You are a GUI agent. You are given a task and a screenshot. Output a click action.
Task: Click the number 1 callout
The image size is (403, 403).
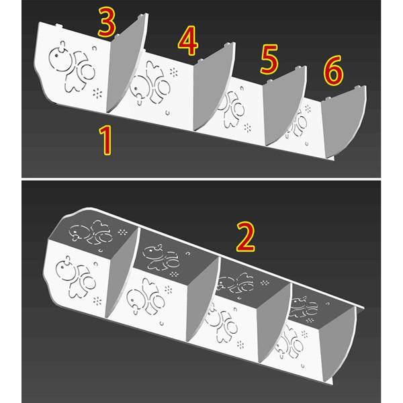pyautogui.click(x=105, y=140)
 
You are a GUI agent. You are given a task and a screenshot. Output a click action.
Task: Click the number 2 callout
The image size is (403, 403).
pyautogui.click(x=246, y=236)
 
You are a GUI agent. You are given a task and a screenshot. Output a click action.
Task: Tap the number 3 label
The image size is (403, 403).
pyautogui.click(x=106, y=22)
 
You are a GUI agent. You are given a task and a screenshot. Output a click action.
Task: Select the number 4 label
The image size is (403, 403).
pyautogui.click(x=188, y=40)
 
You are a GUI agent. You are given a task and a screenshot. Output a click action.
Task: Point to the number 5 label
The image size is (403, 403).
pyautogui.click(x=269, y=59)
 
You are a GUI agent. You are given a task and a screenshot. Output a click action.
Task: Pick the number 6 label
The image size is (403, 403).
pyautogui.click(x=333, y=71)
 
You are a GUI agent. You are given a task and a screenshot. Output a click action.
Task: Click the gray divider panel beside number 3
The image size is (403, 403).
pyautogui.click(x=126, y=64)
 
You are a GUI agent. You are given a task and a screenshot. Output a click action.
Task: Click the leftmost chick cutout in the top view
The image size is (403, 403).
pyautogui.click(x=71, y=66)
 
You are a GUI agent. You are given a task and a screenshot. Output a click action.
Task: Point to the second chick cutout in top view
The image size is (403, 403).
pyautogui.click(x=150, y=83)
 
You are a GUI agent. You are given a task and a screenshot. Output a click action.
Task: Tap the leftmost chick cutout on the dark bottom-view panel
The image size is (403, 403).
pyautogui.click(x=91, y=232)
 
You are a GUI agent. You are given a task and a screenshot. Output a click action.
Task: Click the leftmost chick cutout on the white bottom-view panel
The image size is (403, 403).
pyautogui.click(x=75, y=277)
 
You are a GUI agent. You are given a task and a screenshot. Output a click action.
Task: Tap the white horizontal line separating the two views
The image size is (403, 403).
pyautogui.click(x=201, y=179)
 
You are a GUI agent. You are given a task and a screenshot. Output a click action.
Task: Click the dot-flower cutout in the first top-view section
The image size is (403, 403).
pyautogui.click(x=97, y=93)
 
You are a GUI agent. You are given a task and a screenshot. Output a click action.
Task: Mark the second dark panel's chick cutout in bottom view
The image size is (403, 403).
pyautogui.click(x=161, y=258)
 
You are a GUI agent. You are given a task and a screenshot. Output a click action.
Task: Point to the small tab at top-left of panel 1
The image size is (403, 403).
pyautogui.click(x=59, y=26)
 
